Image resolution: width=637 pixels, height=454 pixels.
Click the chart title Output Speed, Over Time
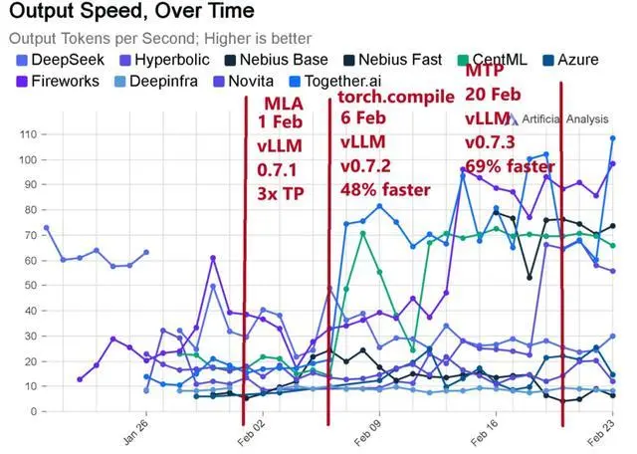(129, 13)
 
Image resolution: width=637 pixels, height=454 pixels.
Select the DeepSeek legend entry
(60, 60)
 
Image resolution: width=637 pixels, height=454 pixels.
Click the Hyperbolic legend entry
(163, 60)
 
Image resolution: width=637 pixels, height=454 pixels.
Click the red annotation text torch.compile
(396, 98)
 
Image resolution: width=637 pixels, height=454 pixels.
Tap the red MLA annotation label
(284, 105)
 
